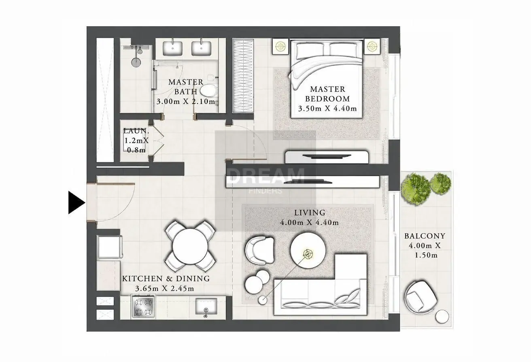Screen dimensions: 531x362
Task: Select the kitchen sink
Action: click(206, 306)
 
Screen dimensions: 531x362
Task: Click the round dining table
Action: click(190, 246)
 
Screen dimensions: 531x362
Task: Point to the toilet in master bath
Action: click(209, 90)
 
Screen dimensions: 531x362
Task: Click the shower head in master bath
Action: click(136, 62)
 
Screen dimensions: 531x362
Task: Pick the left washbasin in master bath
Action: click(172, 49)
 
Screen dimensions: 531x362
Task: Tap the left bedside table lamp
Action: click(280, 46)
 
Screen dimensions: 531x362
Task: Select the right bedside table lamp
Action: click(372, 46)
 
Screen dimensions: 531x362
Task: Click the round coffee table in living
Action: click(308, 250)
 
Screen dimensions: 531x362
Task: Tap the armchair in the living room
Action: click(259, 250)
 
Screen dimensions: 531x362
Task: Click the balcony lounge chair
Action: click(421, 297)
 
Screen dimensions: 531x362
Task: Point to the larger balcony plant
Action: click(415, 189)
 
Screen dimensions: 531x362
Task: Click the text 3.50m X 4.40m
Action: click(327, 109)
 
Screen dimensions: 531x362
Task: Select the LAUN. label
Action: click(136, 131)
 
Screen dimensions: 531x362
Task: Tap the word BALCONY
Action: click(425, 236)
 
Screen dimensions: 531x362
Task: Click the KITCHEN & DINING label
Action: click(166, 279)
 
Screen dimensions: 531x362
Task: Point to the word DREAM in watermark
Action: click(265, 176)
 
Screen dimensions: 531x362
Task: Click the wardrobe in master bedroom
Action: click(243, 76)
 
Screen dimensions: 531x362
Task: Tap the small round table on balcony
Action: click(442, 317)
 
